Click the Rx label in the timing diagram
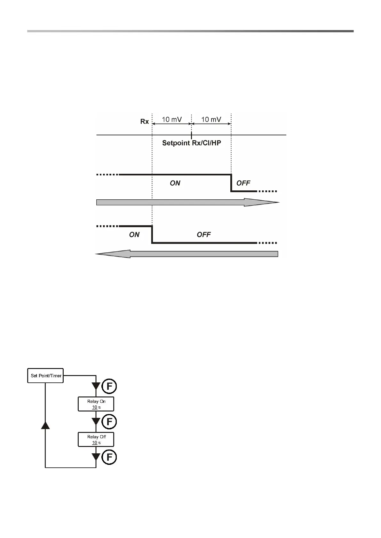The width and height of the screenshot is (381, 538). click(x=145, y=121)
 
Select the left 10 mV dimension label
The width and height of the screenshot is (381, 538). click(x=172, y=119)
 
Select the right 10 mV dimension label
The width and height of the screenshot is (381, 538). click(x=211, y=119)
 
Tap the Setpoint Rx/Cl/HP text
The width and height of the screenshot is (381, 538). click(x=191, y=143)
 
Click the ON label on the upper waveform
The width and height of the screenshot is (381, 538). click(x=175, y=183)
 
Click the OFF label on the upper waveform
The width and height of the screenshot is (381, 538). click(x=243, y=183)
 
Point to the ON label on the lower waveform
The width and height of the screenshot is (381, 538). click(x=134, y=235)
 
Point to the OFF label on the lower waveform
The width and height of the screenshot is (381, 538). click(x=204, y=235)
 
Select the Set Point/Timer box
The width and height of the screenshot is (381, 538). click(x=46, y=376)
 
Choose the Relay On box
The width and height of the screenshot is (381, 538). click(x=96, y=404)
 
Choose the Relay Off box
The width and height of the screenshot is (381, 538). click(x=96, y=440)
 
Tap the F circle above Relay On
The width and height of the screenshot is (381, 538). click(x=109, y=387)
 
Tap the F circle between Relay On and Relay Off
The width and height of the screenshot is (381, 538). click(x=109, y=422)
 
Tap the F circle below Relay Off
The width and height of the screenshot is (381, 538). click(x=109, y=457)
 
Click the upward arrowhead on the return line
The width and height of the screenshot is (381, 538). click(x=46, y=425)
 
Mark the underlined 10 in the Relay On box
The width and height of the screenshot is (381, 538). click(x=95, y=407)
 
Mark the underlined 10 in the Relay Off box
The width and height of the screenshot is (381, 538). click(x=95, y=443)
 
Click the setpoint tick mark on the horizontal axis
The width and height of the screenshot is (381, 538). click(x=191, y=134)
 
